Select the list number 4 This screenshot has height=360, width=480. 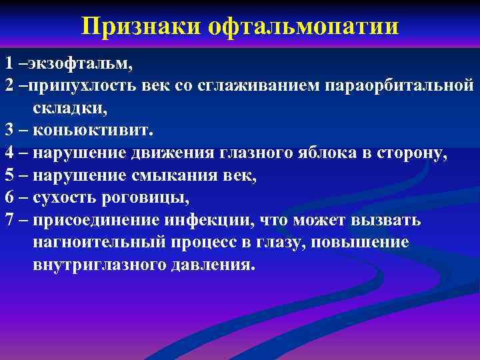point(9,153)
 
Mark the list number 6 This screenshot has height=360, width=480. point(9,197)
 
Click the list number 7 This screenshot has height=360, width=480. point(9,220)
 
